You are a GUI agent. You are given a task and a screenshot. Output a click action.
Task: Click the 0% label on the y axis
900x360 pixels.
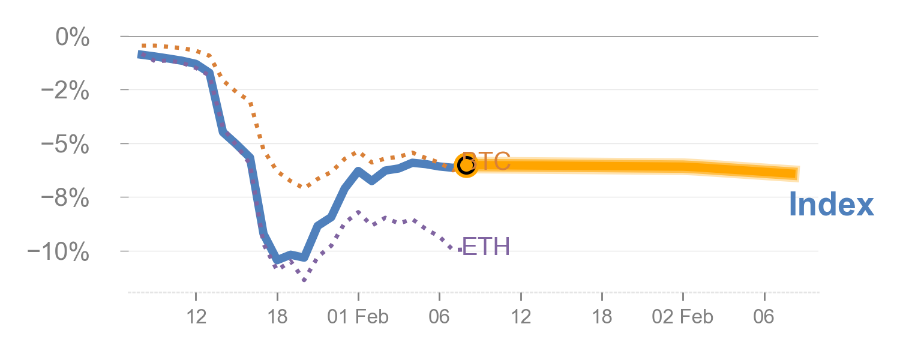pyautogui.click(x=72, y=38)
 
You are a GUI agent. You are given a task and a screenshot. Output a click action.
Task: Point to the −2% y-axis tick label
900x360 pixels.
pyautogui.click(x=65, y=92)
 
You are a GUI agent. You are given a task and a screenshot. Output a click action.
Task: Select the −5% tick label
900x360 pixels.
pyautogui.click(x=65, y=145)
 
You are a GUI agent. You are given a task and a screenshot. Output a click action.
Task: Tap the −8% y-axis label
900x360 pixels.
pyautogui.click(x=65, y=199)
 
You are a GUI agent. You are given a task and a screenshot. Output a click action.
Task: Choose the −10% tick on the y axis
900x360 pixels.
pyautogui.click(x=59, y=252)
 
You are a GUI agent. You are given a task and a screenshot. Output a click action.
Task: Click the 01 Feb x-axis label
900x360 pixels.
pyautogui.click(x=358, y=316)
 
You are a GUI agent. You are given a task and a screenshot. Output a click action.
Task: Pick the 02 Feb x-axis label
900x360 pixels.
pyautogui.click(x=683, y=316)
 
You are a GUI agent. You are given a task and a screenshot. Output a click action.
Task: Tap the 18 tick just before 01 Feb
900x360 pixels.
pyautogui.click(x=277, y=316)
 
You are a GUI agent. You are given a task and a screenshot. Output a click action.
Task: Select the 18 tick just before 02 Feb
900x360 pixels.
pyautogui.click(x=602, y=316)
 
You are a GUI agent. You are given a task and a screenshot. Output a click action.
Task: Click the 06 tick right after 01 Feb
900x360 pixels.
pyautogui.click(x=439, y=316)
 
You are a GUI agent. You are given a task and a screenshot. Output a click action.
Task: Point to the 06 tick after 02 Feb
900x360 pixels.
pyautogui.click(x=764, y=316)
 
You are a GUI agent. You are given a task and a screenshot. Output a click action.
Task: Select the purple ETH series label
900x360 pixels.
pyautogui.click(x=486, y=247)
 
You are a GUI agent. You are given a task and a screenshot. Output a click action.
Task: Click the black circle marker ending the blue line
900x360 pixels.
pyautogui.click(x=466, y=164)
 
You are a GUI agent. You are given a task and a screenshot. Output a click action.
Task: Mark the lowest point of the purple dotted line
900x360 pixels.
pyautogui.click(x=304, y=280)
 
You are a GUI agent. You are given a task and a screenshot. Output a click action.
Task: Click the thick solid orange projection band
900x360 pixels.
pyautogui.click(x=630, y=166)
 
